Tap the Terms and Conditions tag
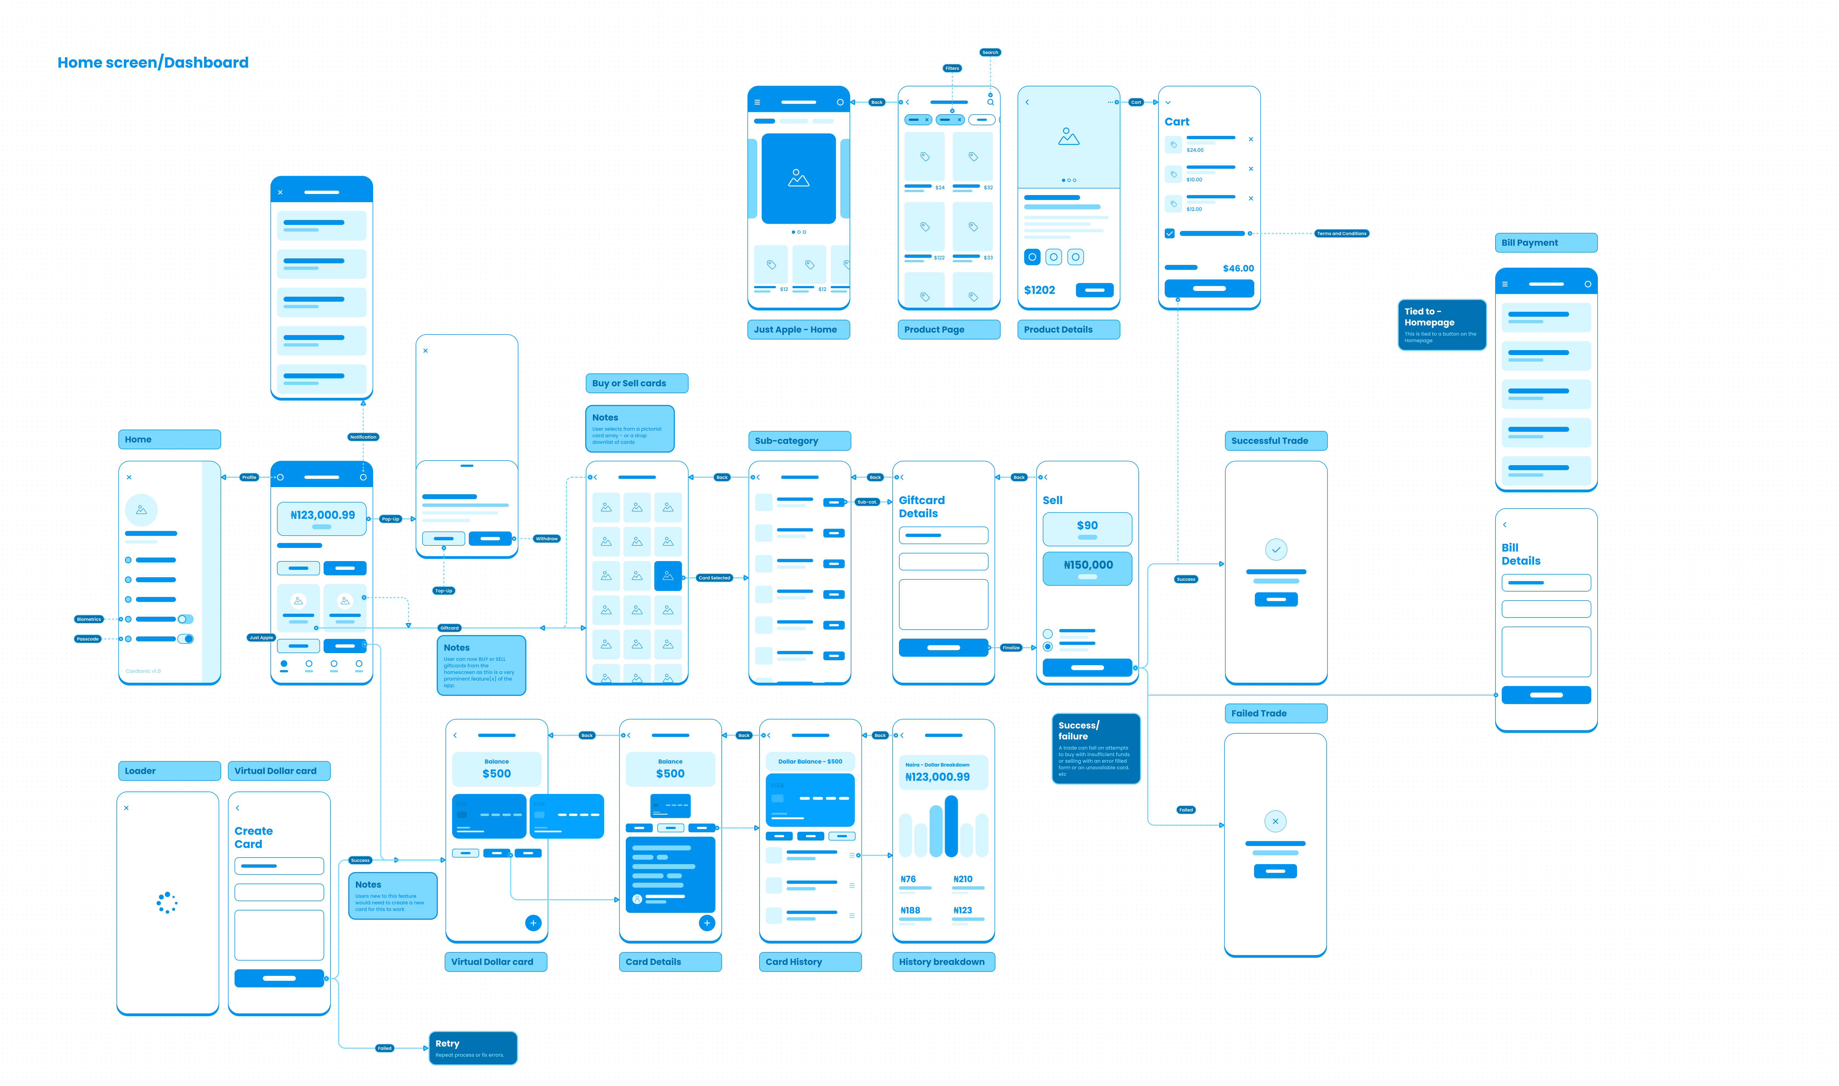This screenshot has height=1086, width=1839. click(1341, 233)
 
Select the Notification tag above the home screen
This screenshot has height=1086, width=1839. click(363, 437)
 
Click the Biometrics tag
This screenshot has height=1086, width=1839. click(88, 619)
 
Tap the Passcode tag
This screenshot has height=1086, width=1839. click(88, 639)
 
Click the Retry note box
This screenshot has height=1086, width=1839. click(473, 1048)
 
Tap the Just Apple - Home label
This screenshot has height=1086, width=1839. click(798, 329)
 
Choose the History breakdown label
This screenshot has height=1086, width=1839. click(943, 962)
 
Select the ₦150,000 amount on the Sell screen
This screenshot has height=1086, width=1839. click(1087, 565)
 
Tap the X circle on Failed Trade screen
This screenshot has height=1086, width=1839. click(1275, 821)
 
